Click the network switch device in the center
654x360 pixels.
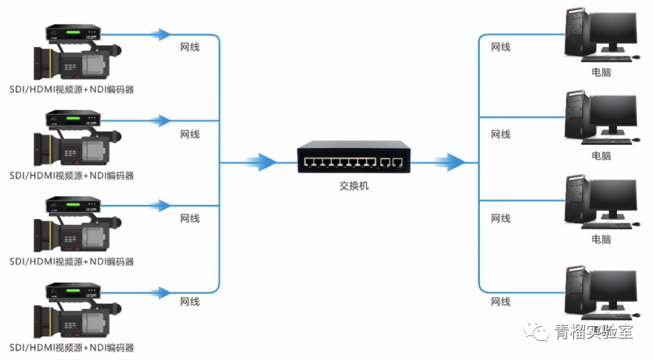coord(353,156)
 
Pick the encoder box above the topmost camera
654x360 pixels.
coord(73,33)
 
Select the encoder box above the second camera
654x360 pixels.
coord(73,119)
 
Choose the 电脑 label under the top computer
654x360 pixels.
coord(601,72)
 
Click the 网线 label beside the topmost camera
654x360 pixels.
coord(190,48)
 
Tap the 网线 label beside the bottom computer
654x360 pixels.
coord(500,302)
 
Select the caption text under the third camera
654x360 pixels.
coord(71,261)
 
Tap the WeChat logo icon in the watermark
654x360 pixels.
coord(538,331)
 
